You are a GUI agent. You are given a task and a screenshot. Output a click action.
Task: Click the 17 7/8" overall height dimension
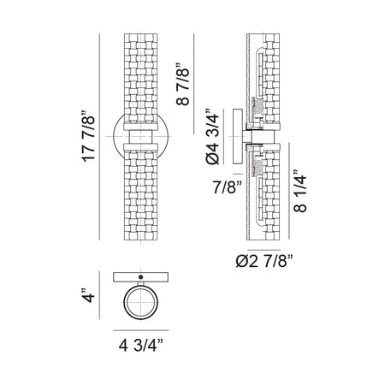click(88, 136)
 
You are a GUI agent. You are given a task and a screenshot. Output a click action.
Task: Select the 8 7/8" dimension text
click(183, 84)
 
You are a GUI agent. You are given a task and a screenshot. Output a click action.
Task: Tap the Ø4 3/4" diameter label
click(212, 136)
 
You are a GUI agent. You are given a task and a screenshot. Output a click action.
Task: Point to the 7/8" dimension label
click(228, 187)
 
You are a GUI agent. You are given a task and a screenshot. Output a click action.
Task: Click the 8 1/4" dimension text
click(300, 191)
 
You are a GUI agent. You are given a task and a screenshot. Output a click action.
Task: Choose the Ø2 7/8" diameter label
click(264, 261)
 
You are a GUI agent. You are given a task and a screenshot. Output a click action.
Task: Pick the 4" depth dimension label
click(88, 295)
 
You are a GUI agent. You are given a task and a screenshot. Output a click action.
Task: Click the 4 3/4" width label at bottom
click(141, 346)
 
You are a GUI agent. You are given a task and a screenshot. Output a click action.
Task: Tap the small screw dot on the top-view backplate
click(140, 276)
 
